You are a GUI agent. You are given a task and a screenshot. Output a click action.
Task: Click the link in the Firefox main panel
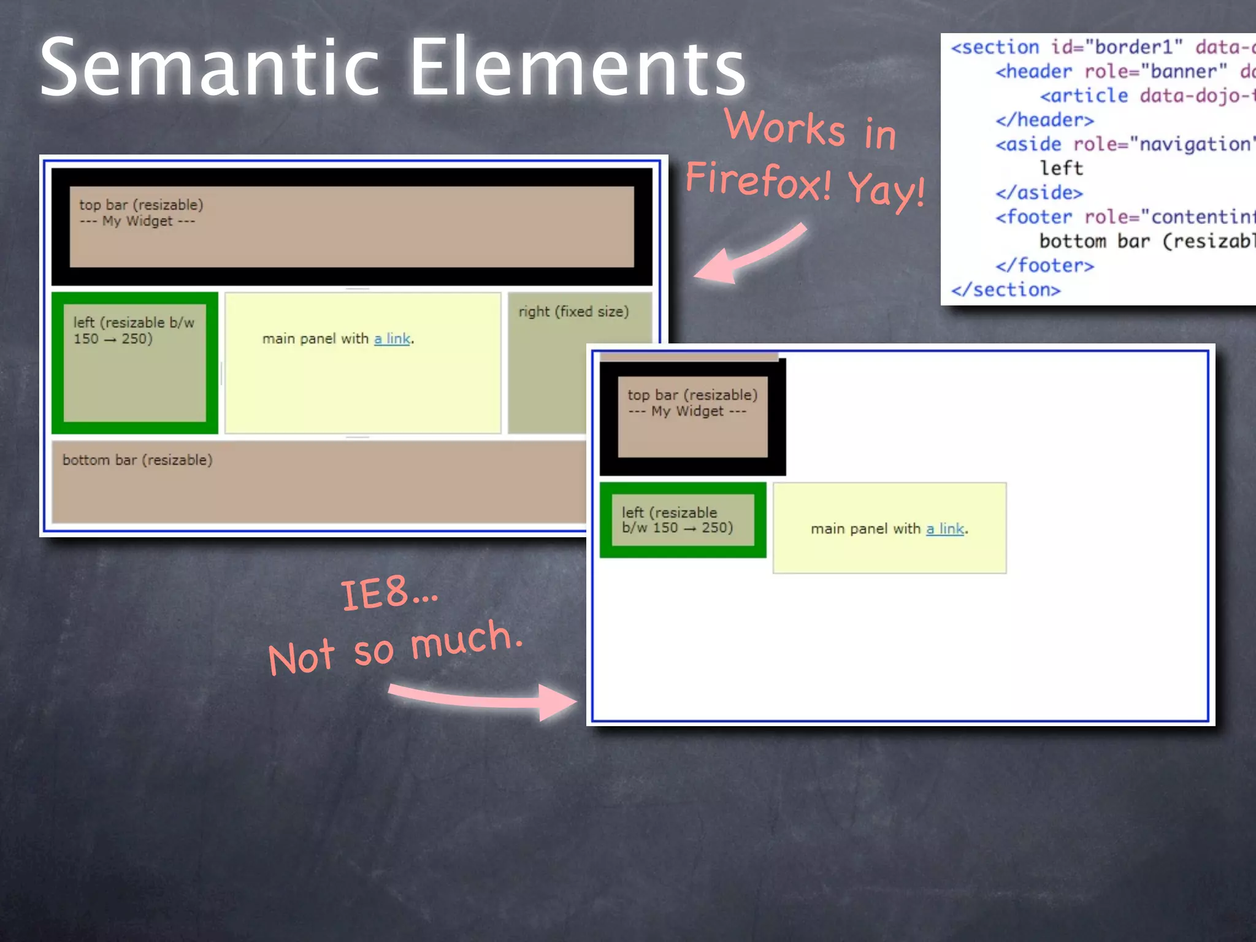pos(392,339)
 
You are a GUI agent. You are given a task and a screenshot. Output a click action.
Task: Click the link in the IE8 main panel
pos(945,529)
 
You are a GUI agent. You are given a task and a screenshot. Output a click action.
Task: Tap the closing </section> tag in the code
pos(1006,289)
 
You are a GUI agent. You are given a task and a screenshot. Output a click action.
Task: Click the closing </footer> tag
pos(1044,266)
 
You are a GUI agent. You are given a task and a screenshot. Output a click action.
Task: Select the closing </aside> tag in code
pos(1039,193)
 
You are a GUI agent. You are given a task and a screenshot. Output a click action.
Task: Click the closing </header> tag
pos(1044,120)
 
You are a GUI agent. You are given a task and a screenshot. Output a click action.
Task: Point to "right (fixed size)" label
pos(573,312)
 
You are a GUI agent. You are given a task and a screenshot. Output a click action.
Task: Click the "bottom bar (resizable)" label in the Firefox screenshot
pos(137,460)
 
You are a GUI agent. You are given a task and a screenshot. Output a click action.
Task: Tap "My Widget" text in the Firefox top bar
pos(137,221)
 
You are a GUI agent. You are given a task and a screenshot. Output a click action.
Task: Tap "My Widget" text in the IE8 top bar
pos(687,411)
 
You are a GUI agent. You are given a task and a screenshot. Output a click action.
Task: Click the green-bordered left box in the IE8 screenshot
pos(683,520)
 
